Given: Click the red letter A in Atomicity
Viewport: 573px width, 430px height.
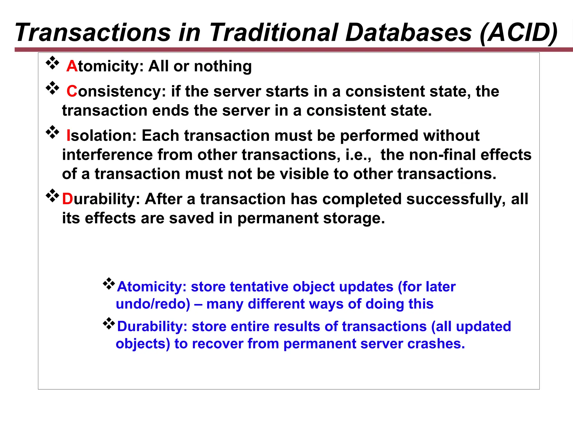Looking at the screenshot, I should [72, 67].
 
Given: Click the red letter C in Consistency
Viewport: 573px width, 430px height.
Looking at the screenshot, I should [72, 92].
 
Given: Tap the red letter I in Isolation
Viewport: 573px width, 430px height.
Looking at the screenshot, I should [68, 136].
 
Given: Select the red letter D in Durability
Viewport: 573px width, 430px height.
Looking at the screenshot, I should [67, 199].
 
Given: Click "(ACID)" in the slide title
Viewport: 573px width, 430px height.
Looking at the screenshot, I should [518, 32].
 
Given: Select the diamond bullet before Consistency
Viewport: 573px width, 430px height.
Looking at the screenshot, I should [52, 88].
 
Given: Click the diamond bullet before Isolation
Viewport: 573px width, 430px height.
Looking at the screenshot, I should [52, 132].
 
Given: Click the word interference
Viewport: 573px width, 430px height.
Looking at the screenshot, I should [107, 155].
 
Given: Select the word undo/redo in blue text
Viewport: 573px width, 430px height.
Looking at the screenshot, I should [153, 304].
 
